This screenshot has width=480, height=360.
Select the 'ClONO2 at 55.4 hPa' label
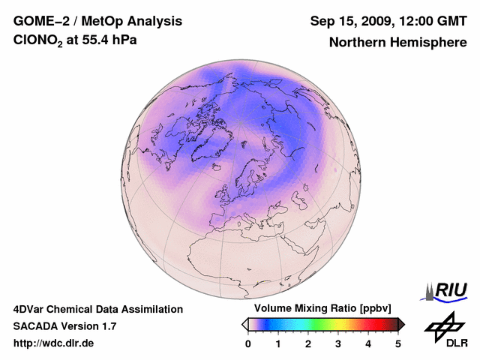coord(75,41)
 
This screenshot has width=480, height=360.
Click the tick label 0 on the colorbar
coord(248,343)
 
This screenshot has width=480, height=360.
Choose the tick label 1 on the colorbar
coord(278,343)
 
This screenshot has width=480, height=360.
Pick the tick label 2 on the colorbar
coord(308,343)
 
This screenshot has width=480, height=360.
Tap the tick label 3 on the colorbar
coord(338,343)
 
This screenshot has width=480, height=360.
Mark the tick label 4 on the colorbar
coord(368,343)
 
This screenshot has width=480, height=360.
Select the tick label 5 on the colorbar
coord(398,343)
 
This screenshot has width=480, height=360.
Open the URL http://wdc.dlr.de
coord(54,343)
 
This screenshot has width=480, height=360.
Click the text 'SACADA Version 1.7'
coord(64,326)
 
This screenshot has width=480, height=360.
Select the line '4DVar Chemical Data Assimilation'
coord(98,309)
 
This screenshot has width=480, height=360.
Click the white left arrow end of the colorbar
coord(244,324)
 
